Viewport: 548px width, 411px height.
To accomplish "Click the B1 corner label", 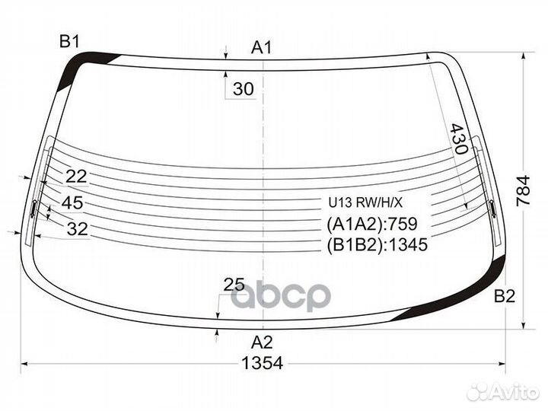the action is [69, 42].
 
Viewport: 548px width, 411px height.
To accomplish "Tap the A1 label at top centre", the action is [261, 47].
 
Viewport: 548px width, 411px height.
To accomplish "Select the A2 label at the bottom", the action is [262, 342].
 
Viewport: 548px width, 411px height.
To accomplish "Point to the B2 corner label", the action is [505, 297].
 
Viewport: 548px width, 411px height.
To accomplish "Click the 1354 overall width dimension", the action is [262, 364].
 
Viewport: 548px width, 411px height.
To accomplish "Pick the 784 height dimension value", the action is [523, 191].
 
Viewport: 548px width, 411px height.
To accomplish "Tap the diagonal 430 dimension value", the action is [458, 139].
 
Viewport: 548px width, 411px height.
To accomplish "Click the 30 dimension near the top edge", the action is [244, 89].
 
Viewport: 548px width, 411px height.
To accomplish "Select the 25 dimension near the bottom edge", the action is [234, 285].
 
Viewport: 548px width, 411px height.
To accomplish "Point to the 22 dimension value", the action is [76, 177].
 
